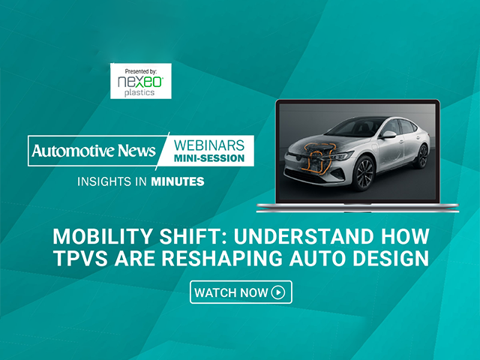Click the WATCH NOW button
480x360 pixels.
240,292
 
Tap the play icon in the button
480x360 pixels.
278,292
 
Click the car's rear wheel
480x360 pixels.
422,156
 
